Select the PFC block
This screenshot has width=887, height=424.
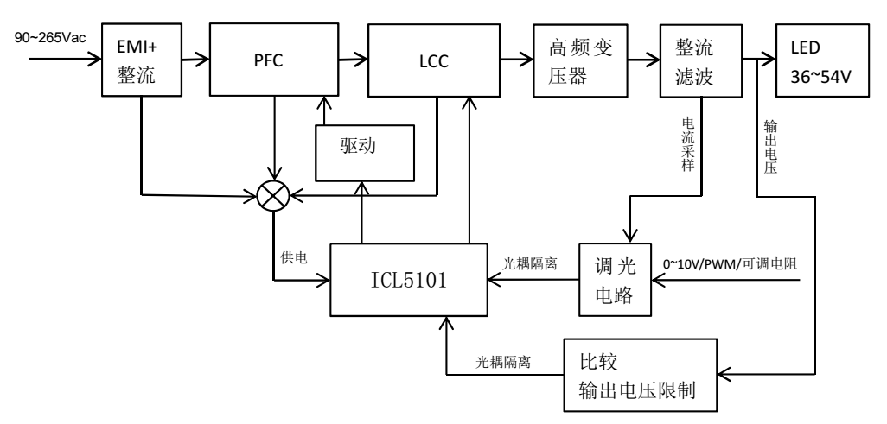point(273,61)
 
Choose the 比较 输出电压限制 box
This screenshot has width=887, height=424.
point(641,373)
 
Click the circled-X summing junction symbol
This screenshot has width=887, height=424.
point(274,195)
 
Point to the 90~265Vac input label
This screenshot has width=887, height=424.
point(51,40)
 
